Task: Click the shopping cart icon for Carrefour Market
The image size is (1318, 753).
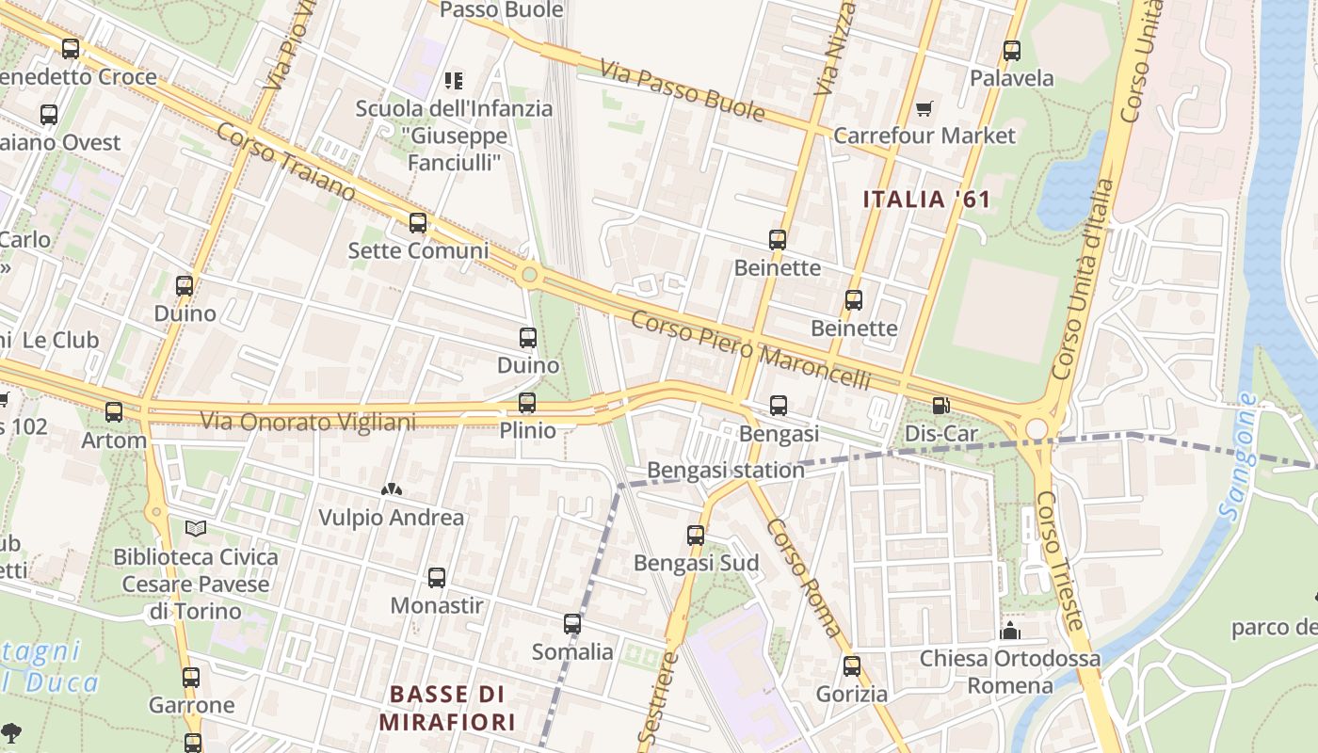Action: (x=924, y=109)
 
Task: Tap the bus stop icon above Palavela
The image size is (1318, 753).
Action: (x=1012, y=51)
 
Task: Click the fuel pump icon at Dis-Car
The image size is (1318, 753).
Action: (x=940, y=407)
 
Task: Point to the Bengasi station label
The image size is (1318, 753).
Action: (x=726, y=470)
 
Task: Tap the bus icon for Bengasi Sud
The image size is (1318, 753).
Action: (x=696, y=536)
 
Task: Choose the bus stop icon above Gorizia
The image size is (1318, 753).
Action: (x=852, y=666)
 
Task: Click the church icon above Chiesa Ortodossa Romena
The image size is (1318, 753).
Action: (x=1010, y=630)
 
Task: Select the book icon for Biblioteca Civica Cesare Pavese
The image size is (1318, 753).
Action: (x=195, y=529)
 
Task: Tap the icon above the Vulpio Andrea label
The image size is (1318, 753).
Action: (x=391, y=489)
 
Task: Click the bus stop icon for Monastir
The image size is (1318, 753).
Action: (x=437, y=578)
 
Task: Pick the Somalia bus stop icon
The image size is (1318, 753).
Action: (x=572, y=624)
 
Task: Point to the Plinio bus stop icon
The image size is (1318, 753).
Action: (x=527, y=403)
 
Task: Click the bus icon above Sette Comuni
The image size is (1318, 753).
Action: (x=418, y=223)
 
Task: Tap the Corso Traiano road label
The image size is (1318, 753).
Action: (x=285, y=161)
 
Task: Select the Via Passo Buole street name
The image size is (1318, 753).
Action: (x=682, y=92)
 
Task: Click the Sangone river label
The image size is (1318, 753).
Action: (x=1238, y=457)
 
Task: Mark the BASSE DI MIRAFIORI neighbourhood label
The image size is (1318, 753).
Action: (x=447, y=708)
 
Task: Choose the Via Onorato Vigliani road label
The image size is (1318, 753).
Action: (x=308, y=421)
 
